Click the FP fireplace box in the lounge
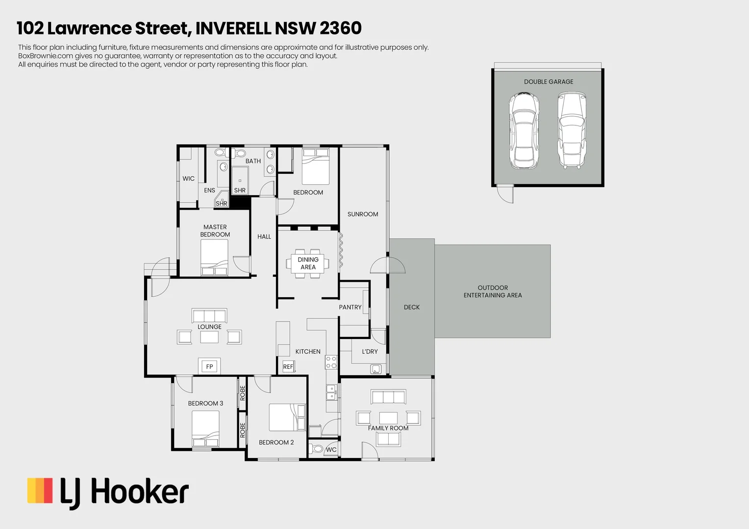coord(209,366)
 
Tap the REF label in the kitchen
coord(288,366)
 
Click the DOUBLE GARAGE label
coord(549,82)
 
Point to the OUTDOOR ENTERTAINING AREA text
coord(493,291)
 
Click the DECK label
coord(412,307)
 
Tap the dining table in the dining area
coord(308,264)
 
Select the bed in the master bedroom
coord(214,258)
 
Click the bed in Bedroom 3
coord(205,429)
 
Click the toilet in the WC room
coord(317,449)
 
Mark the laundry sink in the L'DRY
coord(376,369)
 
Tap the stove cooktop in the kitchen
coord(331,362)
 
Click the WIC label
coord(188,179)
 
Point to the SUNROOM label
coord(363,214)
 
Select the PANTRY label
coord(350,307)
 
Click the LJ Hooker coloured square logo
coord(40,491)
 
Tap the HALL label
coord(264,237)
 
